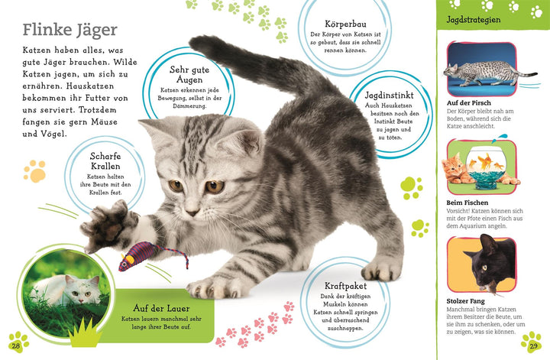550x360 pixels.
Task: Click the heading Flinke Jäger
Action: tap(70, 30)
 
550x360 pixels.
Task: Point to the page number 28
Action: tap(15, 347)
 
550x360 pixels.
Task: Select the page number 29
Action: tap(534, 347)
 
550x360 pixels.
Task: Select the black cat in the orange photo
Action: tap(490, 264)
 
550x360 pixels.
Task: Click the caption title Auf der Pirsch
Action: tap(468, 102)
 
